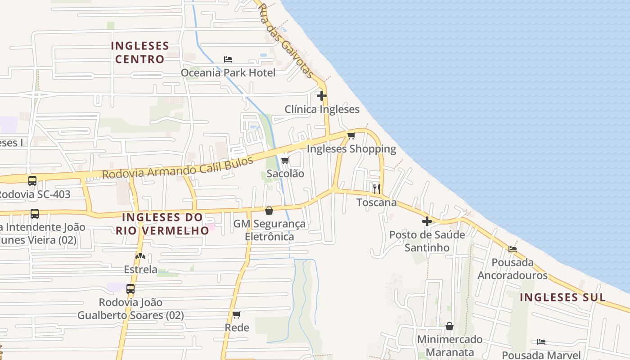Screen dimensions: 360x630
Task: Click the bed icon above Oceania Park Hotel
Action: tap(228, 59)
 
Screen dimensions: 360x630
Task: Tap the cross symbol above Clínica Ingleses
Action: tap(322, 95)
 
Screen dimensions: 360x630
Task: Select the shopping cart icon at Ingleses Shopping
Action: tap(351, 135)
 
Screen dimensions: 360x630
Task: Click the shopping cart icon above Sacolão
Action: tap(285, 160)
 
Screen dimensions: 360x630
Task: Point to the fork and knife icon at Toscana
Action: tap(377, 189)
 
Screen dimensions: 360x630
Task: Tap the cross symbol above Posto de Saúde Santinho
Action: tap(427, 221)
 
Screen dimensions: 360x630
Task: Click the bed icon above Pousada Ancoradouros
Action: tap(513, 249)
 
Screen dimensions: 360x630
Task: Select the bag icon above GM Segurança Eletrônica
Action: tap(269, 210)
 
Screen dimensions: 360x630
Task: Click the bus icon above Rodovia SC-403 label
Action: tap(32, 181)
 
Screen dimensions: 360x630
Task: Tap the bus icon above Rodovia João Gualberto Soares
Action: tap(130, 289)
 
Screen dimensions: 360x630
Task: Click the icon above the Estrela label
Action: tap(140, 256)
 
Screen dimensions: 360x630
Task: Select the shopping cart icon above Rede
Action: tap(237, 315)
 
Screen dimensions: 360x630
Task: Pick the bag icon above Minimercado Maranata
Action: tap(450, 326)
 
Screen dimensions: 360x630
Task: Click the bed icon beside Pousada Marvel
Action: tap(541, 342)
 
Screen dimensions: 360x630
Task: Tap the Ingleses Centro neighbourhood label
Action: tap(139, 52)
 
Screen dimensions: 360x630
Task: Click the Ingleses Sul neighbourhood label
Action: tap(562, 297)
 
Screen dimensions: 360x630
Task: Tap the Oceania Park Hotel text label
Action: tap(228, 72)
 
